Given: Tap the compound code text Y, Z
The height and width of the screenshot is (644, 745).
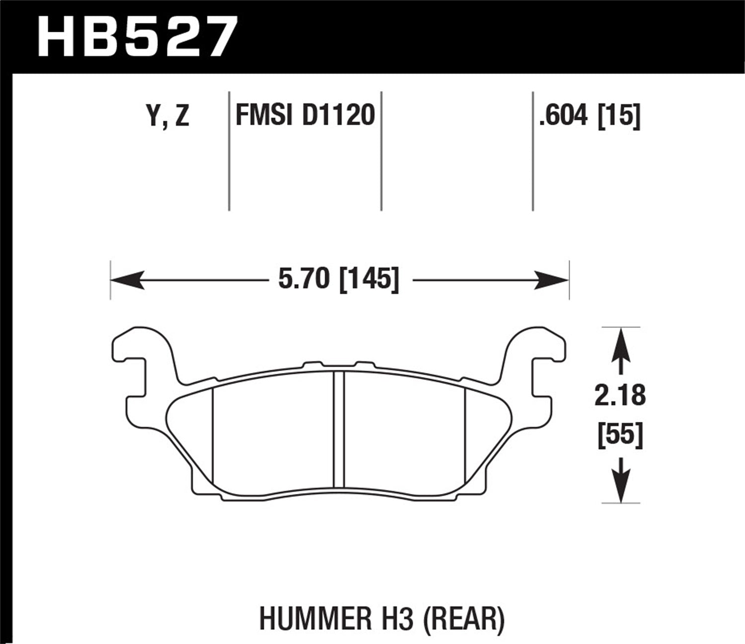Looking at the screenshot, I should [x=168, y=116].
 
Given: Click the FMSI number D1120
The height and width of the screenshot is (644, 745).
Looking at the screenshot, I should [x=338, y=116].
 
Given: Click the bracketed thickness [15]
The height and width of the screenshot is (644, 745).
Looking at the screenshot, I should [x=619, y=116].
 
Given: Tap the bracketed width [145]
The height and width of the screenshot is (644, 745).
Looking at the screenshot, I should [x=369, y=279].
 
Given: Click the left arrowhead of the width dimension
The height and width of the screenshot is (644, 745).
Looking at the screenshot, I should [x=124, y=280].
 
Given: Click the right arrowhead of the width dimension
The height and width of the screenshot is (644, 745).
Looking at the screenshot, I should [x=555, y=280].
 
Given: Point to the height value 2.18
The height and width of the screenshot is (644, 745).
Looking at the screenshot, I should [x=620, y=396].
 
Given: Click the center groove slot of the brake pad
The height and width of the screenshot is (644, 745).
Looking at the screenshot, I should [x=338, y=429].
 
